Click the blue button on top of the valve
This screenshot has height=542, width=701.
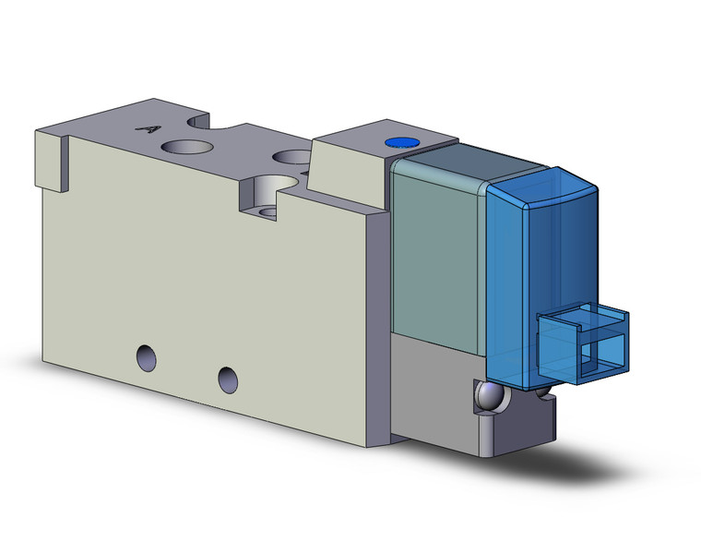[x=398, y=143]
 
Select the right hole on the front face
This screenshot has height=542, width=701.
[x=228, y=377]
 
